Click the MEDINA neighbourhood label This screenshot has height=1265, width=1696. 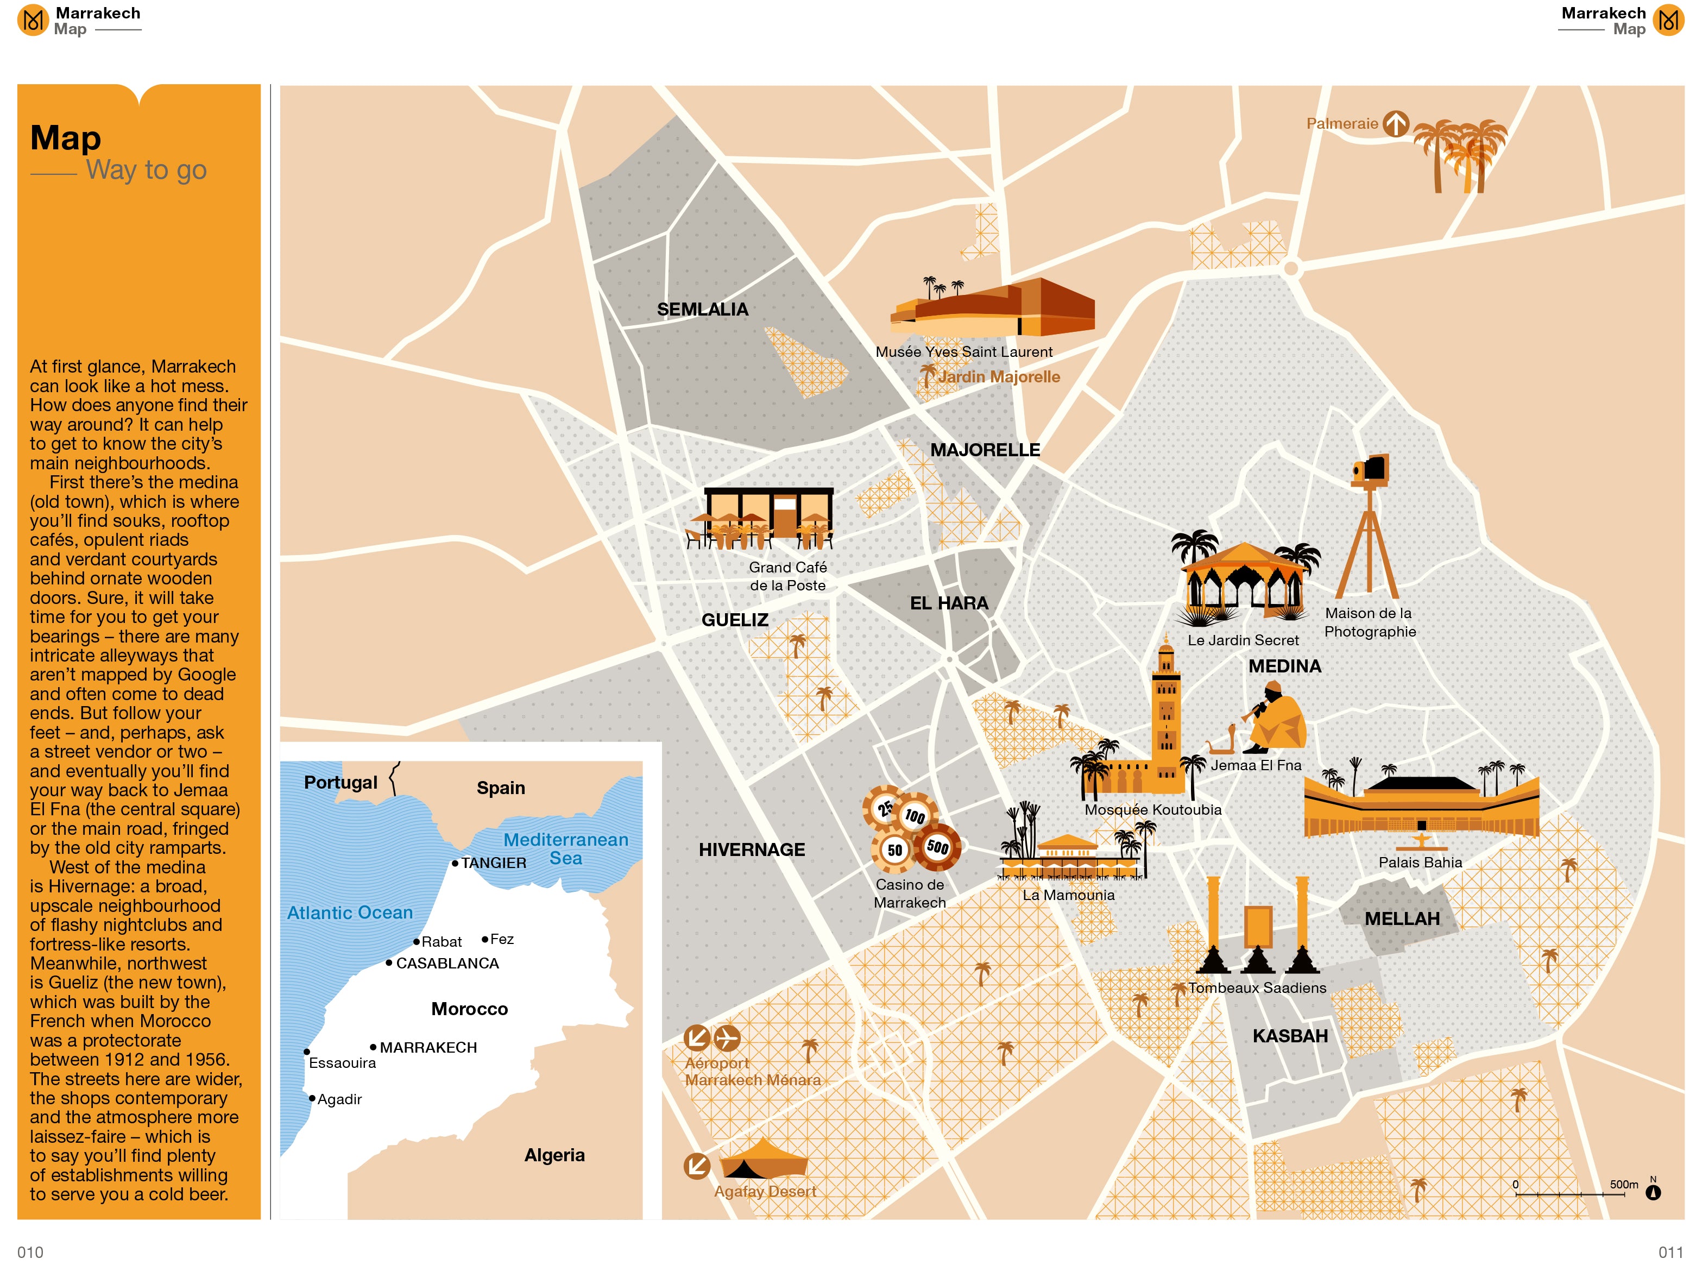(1284, 666)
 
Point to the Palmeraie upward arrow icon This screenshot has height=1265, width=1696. (1395, 123)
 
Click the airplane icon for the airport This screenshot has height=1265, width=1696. (726, 1039)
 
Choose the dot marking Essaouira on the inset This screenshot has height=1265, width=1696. (307, 1052)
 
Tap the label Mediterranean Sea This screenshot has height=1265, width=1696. (565, 848)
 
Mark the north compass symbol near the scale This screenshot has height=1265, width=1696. (1653, 1192)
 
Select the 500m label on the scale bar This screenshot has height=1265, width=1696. (1623, 1185)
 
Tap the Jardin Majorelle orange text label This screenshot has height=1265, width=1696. (999, 377)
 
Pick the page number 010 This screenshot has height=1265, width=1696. (30, 1252)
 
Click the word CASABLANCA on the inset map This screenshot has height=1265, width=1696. (447, 964)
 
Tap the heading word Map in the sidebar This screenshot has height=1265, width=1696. (65, 139)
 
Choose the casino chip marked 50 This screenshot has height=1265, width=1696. (893, 850)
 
